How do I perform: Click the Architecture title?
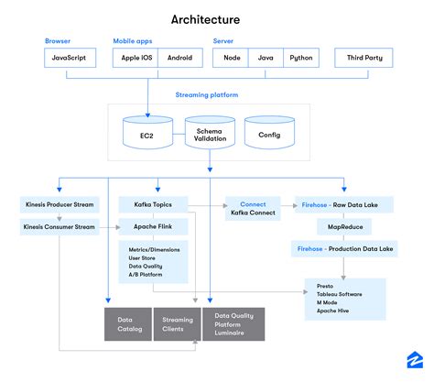click(206, 19)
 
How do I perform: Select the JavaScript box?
click(71, 58)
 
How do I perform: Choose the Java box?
click(265, 58)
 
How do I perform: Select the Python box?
click(300, 58)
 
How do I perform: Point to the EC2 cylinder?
click(146, 135)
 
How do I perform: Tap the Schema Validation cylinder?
click(210, 133)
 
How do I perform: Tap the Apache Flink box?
click(153, 225)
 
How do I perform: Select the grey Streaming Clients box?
click(178, 323)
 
